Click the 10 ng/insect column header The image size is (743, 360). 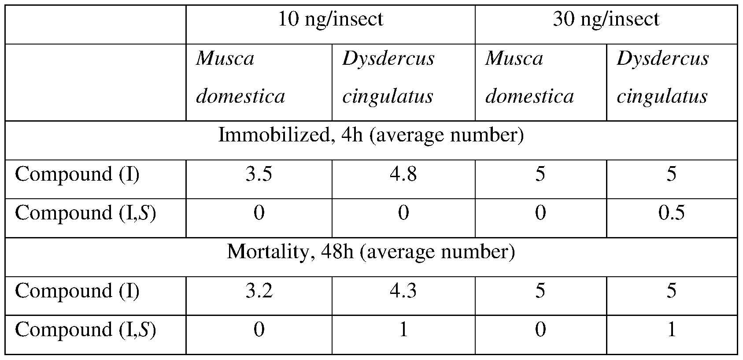coord(330,19)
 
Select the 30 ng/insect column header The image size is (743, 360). coord(606,19)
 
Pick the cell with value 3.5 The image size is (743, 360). coord(259,174)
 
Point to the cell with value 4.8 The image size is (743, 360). coord(403,174)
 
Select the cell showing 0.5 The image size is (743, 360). coord(671,213)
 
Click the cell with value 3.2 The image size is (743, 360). coord(259,291)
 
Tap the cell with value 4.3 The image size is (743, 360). coord(403,291)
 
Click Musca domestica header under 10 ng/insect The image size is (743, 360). coord(240,78)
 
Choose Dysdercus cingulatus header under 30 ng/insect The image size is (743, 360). coord(662,78)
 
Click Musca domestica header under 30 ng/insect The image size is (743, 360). coord(529,78)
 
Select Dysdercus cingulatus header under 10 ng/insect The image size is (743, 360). coord(388,78)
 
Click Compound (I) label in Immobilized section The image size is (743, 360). coord(77,174)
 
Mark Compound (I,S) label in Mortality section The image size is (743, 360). coord(85,330)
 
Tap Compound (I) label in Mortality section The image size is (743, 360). coord(77,291)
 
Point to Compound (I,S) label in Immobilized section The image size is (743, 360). coord(85,213)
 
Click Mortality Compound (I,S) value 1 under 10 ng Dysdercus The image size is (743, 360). coord(403,330)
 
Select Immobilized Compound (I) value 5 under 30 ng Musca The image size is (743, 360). coord(540,174)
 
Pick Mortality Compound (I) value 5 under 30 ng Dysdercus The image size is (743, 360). coord(671,291)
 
